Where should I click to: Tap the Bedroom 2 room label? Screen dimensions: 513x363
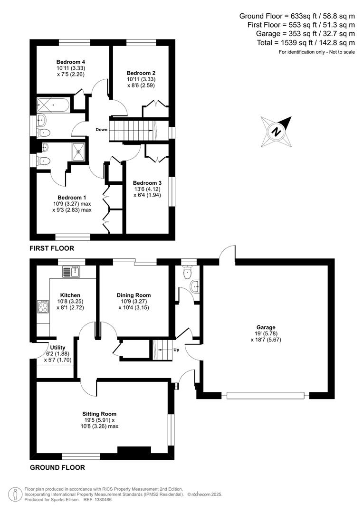tap(141, 73)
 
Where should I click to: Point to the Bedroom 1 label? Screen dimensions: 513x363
tap(72, 198)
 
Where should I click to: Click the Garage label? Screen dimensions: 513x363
tap(266, 327)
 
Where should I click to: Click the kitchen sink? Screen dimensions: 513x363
tap(72, 272)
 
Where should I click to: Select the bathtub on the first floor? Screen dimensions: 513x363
tap(53, 104)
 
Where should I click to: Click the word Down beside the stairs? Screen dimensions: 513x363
tap(101, 129)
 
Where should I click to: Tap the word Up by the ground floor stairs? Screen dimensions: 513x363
tap(175, 350)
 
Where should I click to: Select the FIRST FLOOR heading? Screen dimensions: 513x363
tap(52, 248)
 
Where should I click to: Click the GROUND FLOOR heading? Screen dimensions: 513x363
tap(57, 467)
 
